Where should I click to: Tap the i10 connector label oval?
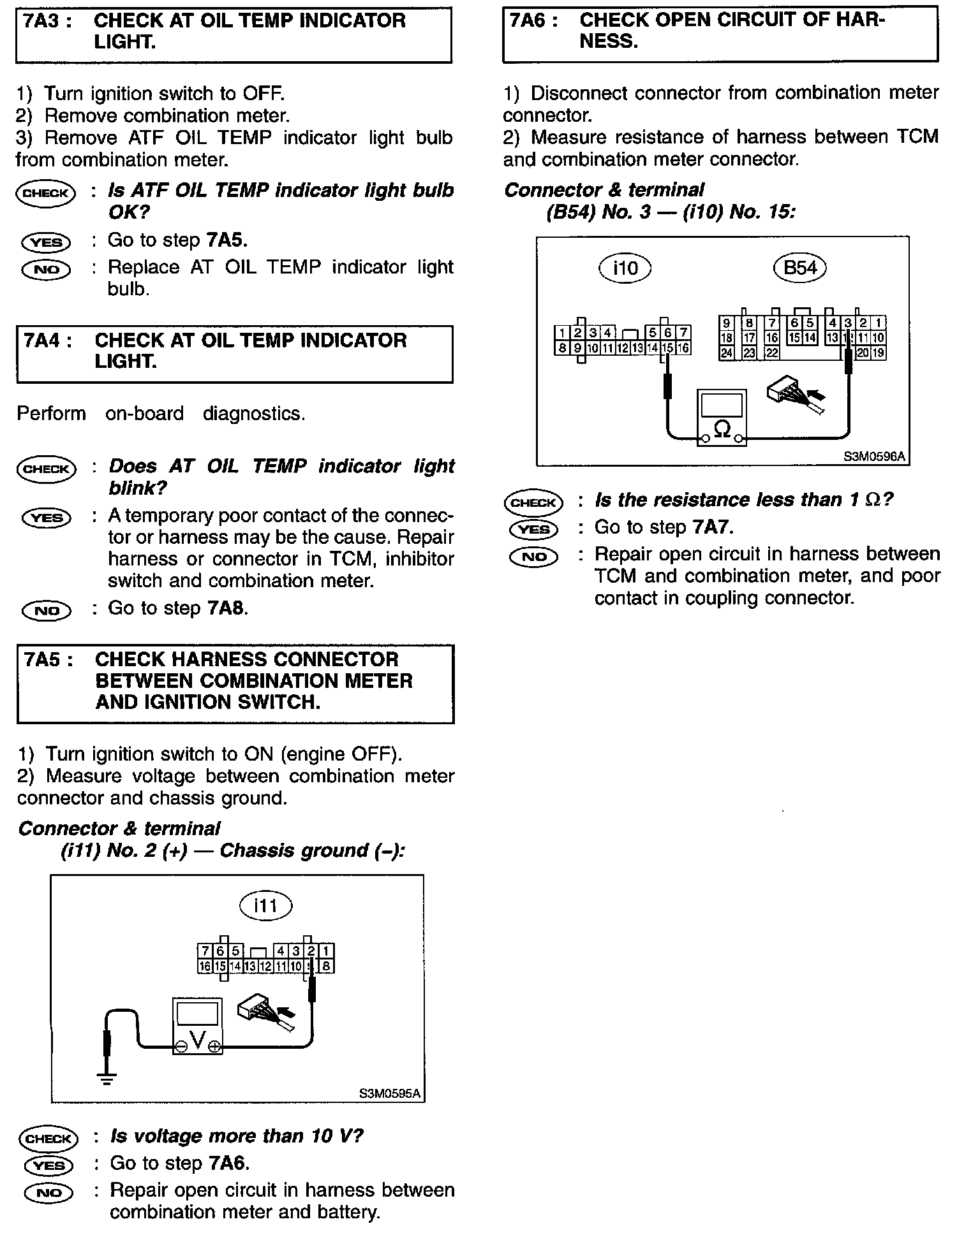[x=625, y=268]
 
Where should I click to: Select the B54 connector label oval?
[x=799, y=267]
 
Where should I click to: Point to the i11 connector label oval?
[x=265, y=905]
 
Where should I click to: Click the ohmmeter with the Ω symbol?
[x=722, y=418]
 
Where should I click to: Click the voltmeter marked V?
[x=198, y=1026]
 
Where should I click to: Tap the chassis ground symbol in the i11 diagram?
[x=107, y=1079]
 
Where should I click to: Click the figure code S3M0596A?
[x=873, y=456]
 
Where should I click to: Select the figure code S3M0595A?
[x=389, y=1094]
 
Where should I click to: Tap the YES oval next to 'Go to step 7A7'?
[x=534, y=529]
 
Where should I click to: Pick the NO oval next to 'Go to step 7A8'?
[x=47, y=610]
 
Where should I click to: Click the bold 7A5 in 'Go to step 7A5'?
[x=226, y=240]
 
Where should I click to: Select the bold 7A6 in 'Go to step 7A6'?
[x=228, y=1164]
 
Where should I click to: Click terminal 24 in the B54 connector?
[x=726, y=353]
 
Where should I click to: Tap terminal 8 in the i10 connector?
[x=561, y=348]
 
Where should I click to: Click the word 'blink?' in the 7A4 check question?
[x=138, y=488]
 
